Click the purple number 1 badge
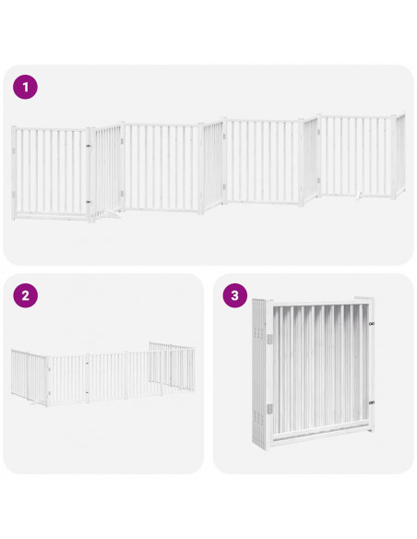[26, 88]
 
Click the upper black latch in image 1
[88, 145]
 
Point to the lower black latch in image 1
[88, 202]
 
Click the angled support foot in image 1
[110, 214]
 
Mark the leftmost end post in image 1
[14, 173]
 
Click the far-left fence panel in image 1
[51, 173]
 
